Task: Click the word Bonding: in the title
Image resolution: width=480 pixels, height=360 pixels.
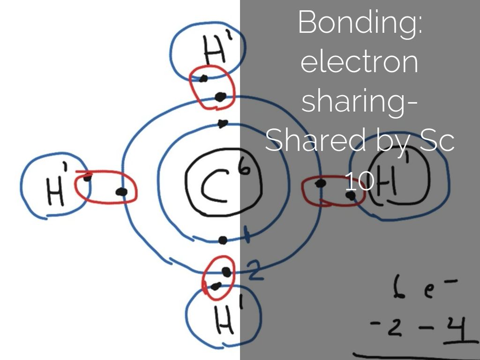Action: pos(360,22)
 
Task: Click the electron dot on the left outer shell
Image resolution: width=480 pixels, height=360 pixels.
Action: pos(121,192)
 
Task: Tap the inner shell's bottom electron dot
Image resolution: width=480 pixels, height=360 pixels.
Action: pos(223,240)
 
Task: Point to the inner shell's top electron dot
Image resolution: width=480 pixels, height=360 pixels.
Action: pos(223,124)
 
